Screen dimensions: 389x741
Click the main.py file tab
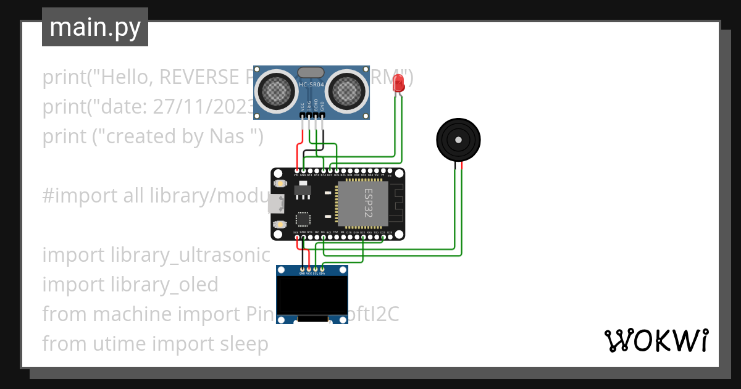click(94, 27)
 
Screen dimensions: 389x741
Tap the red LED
click(400, 83)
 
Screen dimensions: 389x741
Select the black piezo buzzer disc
click(458, 141)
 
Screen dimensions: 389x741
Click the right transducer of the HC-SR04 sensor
click(346, 91)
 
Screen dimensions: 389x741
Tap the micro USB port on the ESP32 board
click(276, 203)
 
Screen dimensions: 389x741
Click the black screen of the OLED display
click(311, 295)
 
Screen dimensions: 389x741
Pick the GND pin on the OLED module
click(301, 269)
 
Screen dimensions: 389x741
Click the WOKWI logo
click(656, 340)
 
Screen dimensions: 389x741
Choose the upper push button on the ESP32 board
click(280, 184)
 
